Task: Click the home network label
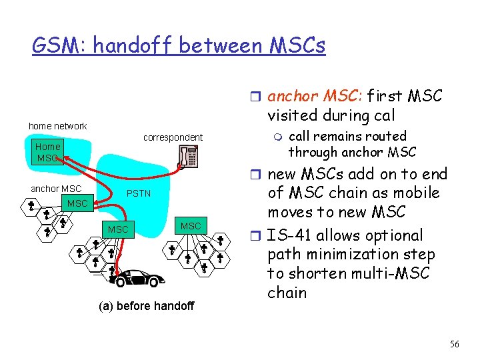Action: point(57,126)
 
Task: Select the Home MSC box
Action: point(48,152)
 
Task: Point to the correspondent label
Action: point(173,137)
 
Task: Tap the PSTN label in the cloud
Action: point(139,193)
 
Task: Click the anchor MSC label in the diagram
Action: point(56,189)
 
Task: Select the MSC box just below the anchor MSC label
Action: point(77,203)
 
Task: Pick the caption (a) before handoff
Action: point(146,306)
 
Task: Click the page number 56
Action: point(454,344)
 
